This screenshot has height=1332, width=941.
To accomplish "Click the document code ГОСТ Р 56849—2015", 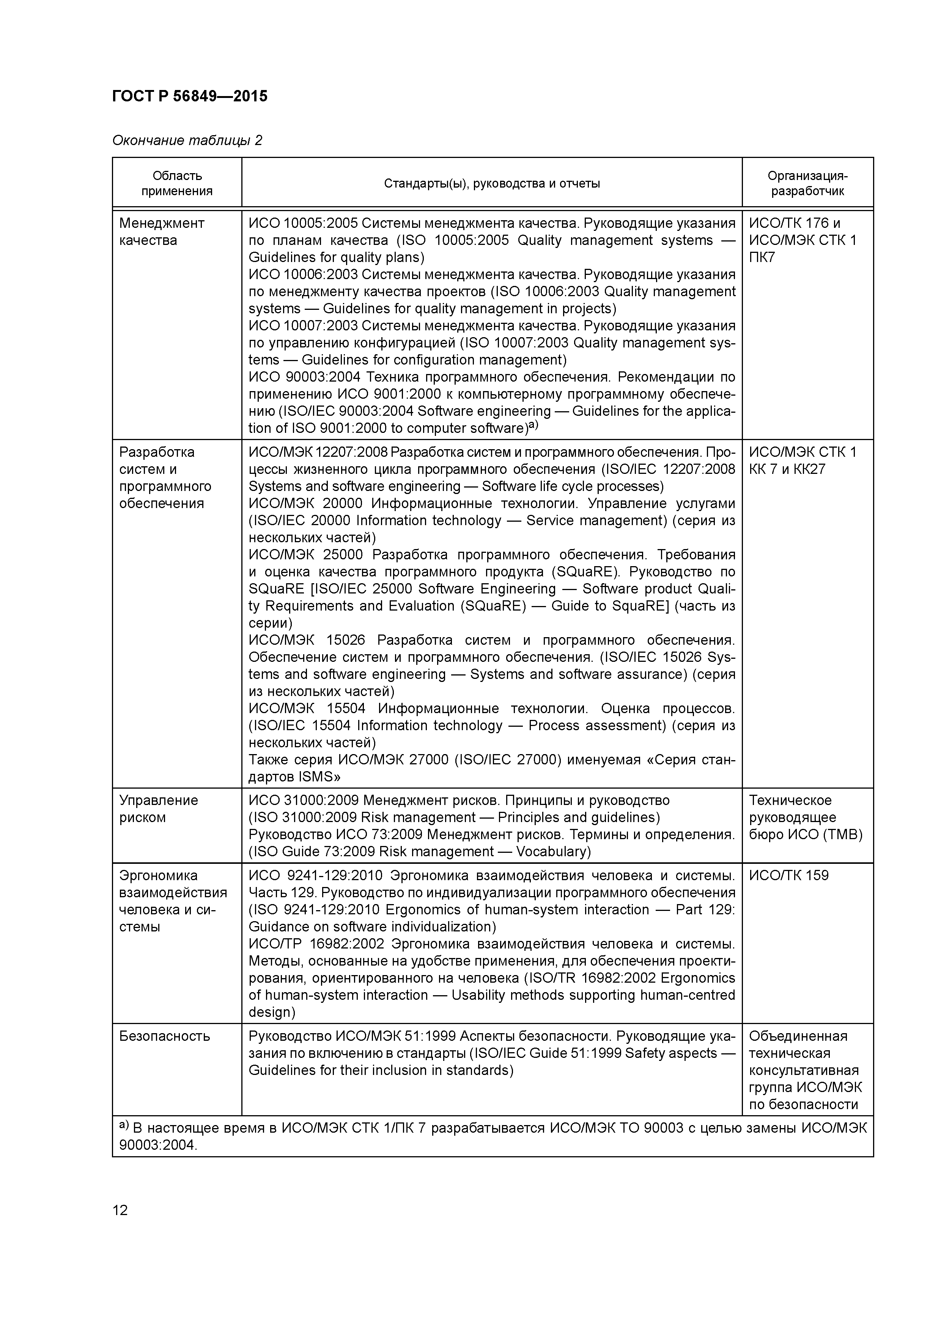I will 190,96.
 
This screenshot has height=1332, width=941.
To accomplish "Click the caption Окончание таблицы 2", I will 187,140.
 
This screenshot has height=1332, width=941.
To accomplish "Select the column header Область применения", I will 177,183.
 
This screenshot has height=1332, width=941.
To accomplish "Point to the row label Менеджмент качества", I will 162,232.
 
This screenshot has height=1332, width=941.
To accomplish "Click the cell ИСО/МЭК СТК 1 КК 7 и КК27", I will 802,460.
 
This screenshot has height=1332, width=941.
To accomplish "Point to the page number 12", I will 120,1210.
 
